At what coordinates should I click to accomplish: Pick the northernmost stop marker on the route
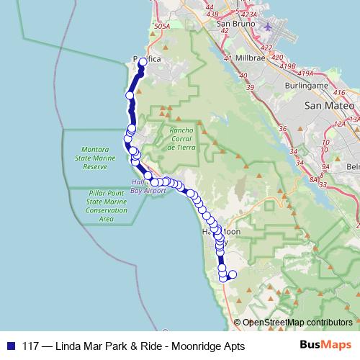(143, 62)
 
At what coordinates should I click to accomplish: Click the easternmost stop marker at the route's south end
(232, 274)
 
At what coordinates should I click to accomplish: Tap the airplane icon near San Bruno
(268, 27)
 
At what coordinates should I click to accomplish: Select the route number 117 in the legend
(31, 346)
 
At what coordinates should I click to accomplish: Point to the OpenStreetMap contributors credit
(297, 322)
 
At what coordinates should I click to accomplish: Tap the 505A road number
(161, 26)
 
